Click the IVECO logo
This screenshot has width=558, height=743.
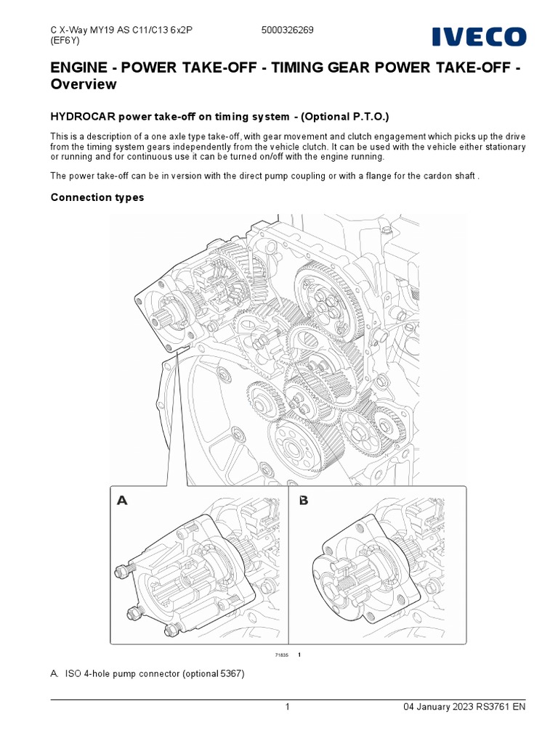click(x=480, y=37)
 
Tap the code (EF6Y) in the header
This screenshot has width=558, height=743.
click(x=65, y=41)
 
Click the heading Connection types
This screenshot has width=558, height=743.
click(x=97, y=197)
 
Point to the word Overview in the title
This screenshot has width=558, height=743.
click(x=83, y=84)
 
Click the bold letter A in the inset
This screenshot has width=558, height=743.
click(x=122, y=500)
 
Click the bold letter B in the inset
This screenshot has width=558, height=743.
click(x=303, y=500)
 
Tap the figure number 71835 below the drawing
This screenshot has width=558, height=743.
click(x=282, y=655)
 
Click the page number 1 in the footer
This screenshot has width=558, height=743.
click(x=288, y=707)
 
